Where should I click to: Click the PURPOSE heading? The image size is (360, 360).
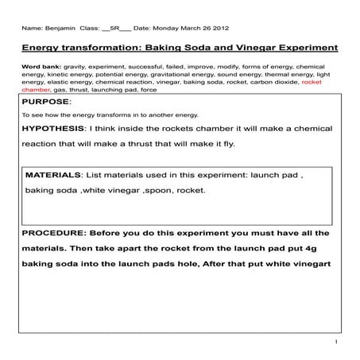pos(46,103)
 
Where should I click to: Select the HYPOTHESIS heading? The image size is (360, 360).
pos(54,128)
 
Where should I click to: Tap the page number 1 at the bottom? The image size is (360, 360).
pos(337,343)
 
